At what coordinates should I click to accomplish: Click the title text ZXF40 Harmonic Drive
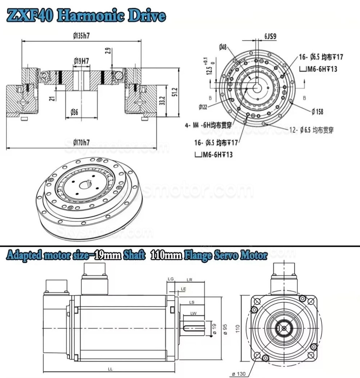[x=86, y=16]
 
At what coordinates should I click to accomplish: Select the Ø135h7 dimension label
[x=81, y=36]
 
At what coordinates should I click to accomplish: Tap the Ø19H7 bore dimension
[x=81, y=61]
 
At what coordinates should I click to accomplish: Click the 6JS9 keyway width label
[x=270, y=36]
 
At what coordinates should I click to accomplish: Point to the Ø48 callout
[x=223, y=47]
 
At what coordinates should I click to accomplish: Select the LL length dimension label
[x=110, y=369]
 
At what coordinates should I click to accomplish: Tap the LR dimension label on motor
[x=189, y=280]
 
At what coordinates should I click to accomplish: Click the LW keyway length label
[x=193, y=313]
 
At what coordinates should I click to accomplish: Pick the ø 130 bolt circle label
[x=240, y=373]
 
